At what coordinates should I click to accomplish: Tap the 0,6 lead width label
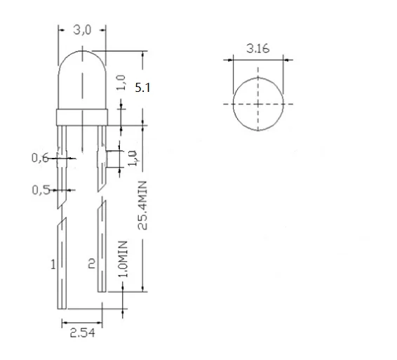tap(40, 158)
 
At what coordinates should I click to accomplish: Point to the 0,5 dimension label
tap(40, 189)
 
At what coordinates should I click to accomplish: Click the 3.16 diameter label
tap(258, 49)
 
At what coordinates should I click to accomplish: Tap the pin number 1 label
tap(53, 265)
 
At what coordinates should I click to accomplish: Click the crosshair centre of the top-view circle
tap(259, 104)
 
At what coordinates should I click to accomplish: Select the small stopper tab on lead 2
tap(105, 158)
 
